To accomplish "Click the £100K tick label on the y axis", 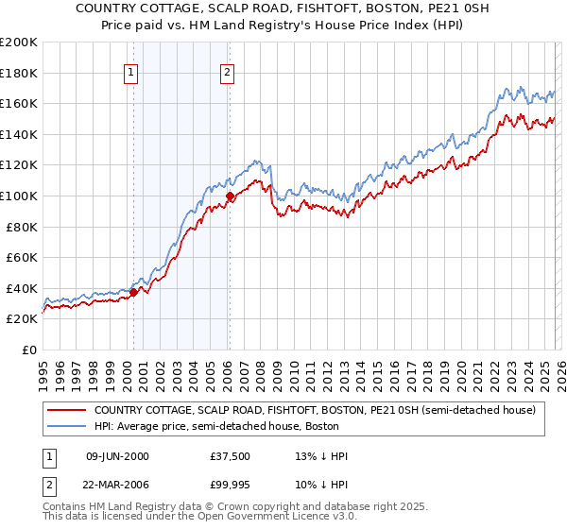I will [19, 196].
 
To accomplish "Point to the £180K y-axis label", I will [19, 73].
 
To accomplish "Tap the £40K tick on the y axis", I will [22, 288].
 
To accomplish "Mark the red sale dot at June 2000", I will [133, 292].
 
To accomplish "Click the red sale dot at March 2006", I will [230, 196].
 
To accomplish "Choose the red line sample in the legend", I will [66, 410].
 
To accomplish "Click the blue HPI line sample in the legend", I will [66, 426].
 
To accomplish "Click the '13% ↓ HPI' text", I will [321, 456].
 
